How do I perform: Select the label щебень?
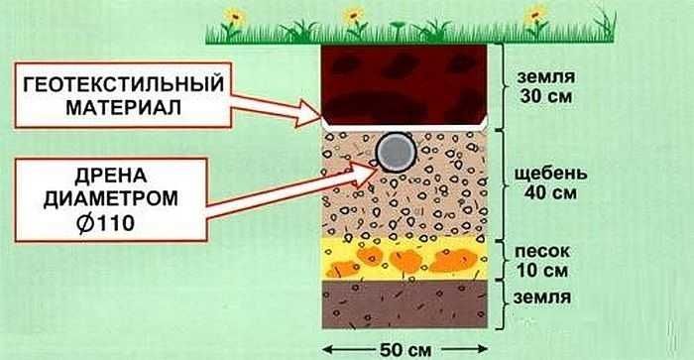click(544, 173)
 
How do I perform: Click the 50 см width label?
click(404, 347)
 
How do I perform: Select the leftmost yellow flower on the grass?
click(234, 17)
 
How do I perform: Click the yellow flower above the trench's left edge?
click(352, 16)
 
